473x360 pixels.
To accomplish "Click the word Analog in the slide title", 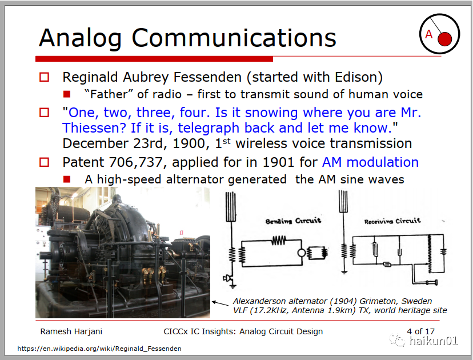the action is (x=81, y=39).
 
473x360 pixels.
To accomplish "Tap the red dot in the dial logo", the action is (x=444, y=39).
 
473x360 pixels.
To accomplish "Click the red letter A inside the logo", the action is (x=428, y=34).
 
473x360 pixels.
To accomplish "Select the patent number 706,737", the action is (x=136, y=163).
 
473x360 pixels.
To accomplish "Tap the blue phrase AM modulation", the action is (x=370, y=162).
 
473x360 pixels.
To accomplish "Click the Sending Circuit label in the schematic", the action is (x=293, y=221).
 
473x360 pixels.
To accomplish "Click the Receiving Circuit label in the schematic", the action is (x=392, y=221).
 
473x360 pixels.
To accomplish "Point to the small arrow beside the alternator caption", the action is (x=220, y=303).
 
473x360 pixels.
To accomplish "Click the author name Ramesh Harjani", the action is (x=71, y=331).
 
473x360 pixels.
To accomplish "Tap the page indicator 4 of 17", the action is (x=420, y=331).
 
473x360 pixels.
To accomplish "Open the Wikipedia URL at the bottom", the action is (x=99, y=349).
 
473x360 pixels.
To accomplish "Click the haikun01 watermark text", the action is (x=433, y=341).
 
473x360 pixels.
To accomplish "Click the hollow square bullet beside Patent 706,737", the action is (x=45, y=162).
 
